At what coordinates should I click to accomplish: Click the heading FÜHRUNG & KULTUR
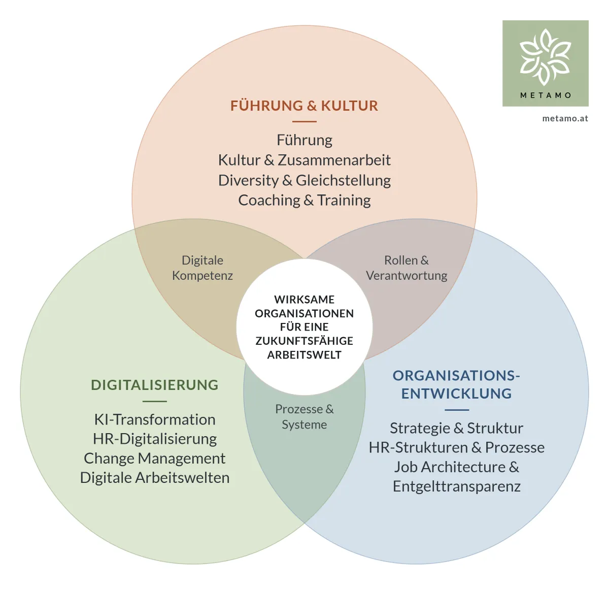coord(304,106)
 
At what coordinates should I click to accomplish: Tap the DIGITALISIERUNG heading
coord(155,385)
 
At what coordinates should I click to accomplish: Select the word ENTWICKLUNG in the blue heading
coord(456,394)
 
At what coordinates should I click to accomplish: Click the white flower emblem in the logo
coord(545,57)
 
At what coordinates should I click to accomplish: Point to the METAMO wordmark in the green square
coord(546,95)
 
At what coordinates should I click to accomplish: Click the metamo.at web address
coord(565,119)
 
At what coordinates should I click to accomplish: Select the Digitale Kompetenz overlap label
coord(202,268)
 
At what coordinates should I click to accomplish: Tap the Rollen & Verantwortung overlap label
coord(407,268)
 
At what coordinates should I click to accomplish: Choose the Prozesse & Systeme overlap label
coord(304,417)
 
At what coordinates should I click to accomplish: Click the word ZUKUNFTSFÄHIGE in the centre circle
coord(304,341)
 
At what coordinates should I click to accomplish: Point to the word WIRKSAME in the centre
coord(304,300)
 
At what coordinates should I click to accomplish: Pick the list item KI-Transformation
coord(155,419)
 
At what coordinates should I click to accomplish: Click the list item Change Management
coord(155,459)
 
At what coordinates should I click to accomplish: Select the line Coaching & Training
coord(304,201)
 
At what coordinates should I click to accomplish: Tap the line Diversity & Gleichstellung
coord(304,180)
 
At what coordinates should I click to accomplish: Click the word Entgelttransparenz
coord(457,486)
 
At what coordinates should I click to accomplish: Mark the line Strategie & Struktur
coord(456,428)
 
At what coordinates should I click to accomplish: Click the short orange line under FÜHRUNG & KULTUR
coord(304,121)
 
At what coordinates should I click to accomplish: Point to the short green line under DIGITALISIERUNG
coord(155,401)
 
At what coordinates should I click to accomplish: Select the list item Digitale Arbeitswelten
coord(155,478)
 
